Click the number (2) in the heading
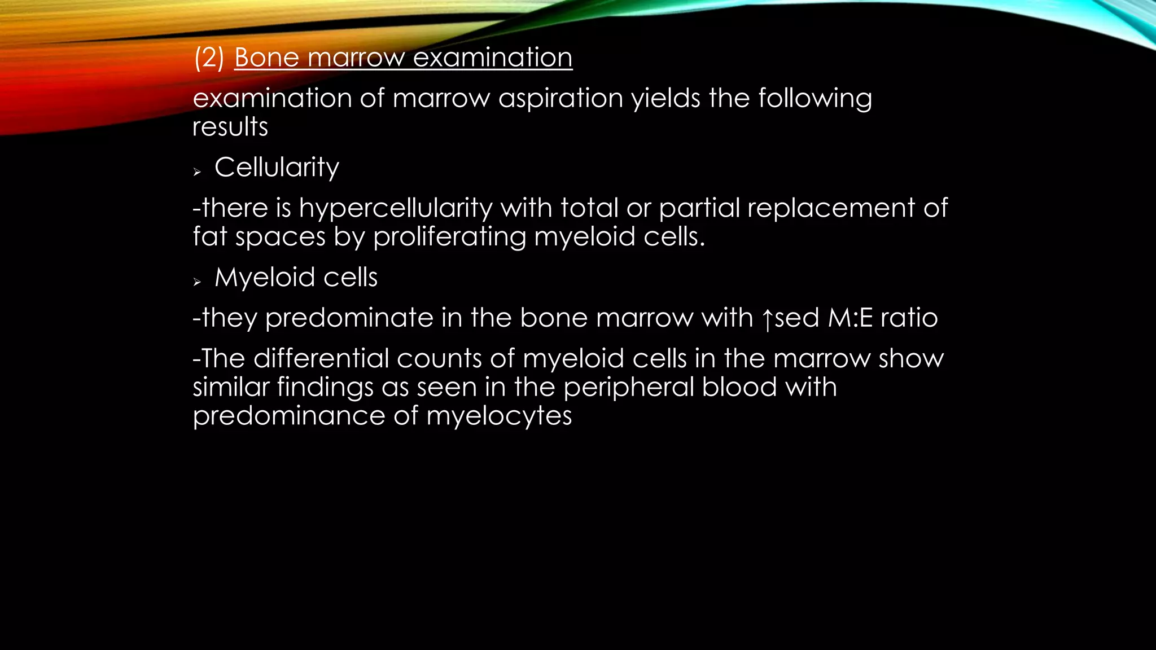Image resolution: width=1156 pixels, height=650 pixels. coord(209,58)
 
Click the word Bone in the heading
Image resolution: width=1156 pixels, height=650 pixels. coord(266,58)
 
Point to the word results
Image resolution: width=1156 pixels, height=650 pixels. coord(230,127)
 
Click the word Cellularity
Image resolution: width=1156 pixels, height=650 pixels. coord(277,168)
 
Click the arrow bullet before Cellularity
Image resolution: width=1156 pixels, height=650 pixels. coord(197,172)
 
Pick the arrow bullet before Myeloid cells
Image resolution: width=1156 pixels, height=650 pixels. coord(197,282)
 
